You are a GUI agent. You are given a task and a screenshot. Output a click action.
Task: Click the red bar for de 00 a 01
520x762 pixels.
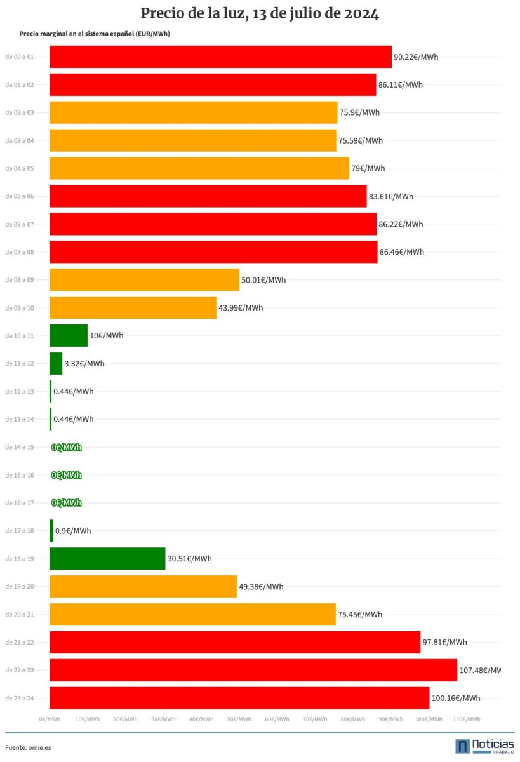click(220, 57)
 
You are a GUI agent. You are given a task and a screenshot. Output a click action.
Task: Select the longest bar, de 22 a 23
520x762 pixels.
click(253, 670)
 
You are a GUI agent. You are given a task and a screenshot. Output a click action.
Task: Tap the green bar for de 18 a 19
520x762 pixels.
click(107, 558)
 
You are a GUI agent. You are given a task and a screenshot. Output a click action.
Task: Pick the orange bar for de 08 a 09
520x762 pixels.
click(144, 279)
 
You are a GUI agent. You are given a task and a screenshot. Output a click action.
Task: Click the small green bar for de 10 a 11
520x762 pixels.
click(69, 335)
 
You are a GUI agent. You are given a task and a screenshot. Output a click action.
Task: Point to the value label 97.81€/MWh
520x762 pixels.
click(444, 642)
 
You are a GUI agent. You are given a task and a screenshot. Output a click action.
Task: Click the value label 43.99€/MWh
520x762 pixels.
click(241, 308)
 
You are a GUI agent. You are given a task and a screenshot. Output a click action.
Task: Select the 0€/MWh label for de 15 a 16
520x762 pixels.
click(67, 475)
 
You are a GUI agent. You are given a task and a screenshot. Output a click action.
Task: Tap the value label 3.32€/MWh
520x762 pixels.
click(84, 364)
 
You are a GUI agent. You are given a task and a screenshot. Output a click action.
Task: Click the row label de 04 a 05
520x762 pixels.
click(19, 168)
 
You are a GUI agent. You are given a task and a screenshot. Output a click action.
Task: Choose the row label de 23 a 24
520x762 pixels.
click(19, 698)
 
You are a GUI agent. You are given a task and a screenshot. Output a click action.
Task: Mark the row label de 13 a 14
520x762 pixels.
click(19, 419)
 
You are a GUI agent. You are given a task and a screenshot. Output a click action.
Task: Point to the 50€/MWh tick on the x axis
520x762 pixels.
click(239, 719)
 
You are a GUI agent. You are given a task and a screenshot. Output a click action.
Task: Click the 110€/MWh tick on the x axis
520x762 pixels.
click(467, 719)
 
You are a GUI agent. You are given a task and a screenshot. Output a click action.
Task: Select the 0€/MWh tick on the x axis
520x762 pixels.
click(50, 719)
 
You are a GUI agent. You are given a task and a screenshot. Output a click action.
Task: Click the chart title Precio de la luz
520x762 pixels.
click(260, 14)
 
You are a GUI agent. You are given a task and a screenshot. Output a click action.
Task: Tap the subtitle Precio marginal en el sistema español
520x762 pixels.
click(95, 34)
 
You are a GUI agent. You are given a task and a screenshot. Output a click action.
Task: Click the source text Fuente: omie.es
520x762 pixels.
click(28, 747)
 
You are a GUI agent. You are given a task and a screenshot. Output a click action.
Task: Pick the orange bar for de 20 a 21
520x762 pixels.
click(192, 614)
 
